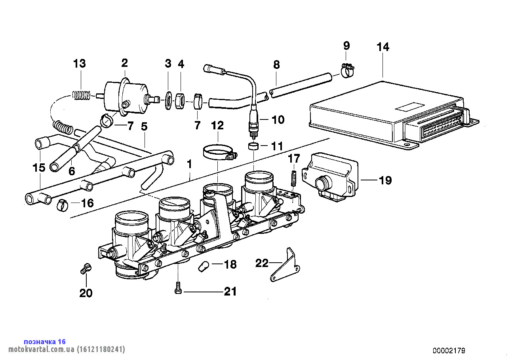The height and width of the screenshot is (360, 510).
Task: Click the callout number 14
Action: tap(382, 47)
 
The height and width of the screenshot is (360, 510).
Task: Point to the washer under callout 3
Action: tap(168, 100)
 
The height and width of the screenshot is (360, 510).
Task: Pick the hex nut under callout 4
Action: tap(179, 101)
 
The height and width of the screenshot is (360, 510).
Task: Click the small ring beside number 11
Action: tap(253, 146)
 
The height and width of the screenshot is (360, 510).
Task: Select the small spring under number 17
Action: tap(294, 177)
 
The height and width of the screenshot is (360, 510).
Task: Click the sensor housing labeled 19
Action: tap(330, 176)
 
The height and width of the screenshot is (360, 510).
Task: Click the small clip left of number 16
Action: tap(62, 205)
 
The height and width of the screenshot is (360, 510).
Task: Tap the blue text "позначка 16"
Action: tap(45, 342)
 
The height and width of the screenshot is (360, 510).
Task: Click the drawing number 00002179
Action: tap(449, 351)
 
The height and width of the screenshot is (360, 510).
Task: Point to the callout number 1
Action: tap(189, 164)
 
